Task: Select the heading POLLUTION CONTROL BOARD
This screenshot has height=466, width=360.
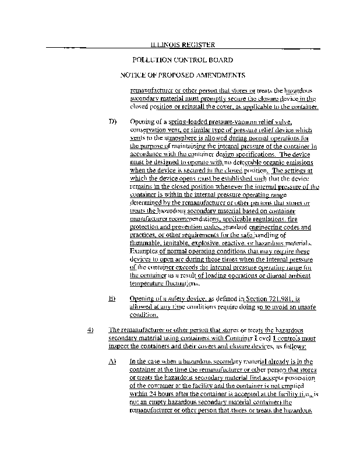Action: coord(183,60)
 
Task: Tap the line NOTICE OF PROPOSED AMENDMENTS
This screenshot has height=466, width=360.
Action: coord(182,76)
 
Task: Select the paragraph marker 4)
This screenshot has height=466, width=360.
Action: coord(90,330)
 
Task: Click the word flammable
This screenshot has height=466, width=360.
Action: coord(147,243)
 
